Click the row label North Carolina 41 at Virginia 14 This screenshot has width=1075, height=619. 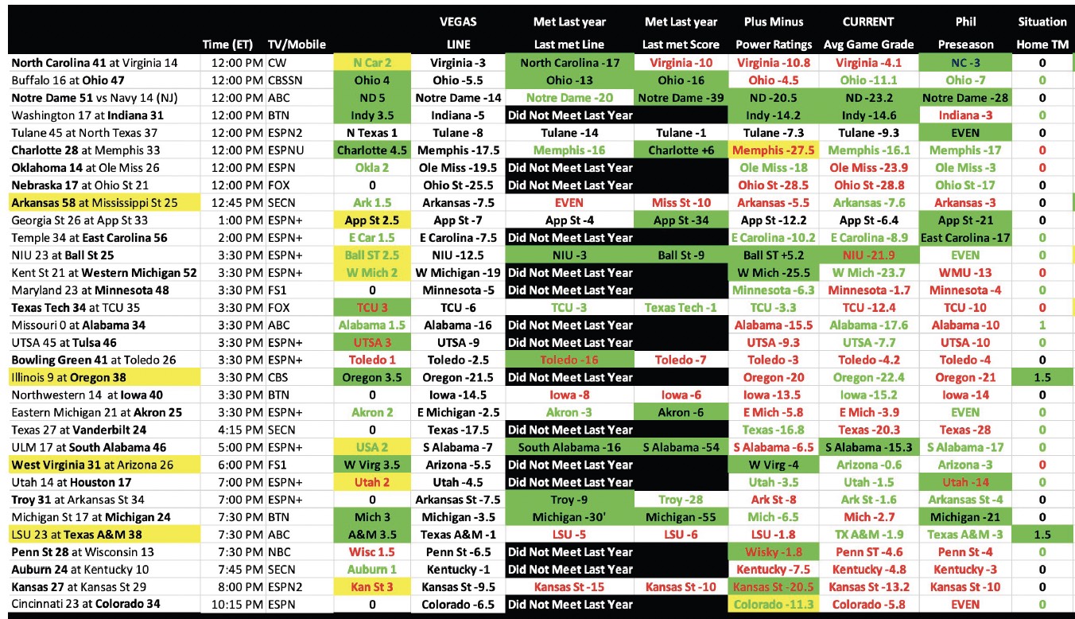[95, 62]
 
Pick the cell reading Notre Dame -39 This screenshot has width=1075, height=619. [681, 98]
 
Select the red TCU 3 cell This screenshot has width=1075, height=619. [372, 308]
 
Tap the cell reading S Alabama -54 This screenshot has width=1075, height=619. [681, 447]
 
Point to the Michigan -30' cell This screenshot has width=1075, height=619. [569, 517]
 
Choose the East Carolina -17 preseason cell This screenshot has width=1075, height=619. [964, 238]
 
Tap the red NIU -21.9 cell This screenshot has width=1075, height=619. [868, 255]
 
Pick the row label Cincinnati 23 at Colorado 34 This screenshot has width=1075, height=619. [85, 604]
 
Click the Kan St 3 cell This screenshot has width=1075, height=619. [372, 586]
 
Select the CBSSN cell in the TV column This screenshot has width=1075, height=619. [287, 80]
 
